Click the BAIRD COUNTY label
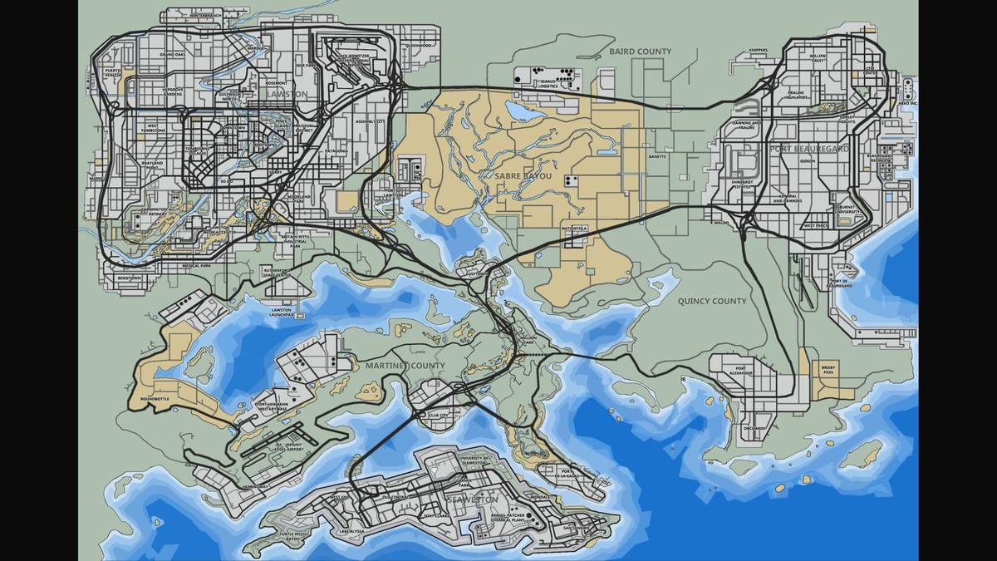pos(640,52)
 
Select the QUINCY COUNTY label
pos(712,301)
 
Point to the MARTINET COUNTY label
pos(405,366)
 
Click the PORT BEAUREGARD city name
pos(808,148)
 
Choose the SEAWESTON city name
pos(471,499)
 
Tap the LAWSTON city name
pos(287,95)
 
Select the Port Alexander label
pos(739,371)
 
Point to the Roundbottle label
pos(155,399)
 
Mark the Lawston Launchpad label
pos(282,312)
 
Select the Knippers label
pos(758,50)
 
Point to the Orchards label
pos(754,428)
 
